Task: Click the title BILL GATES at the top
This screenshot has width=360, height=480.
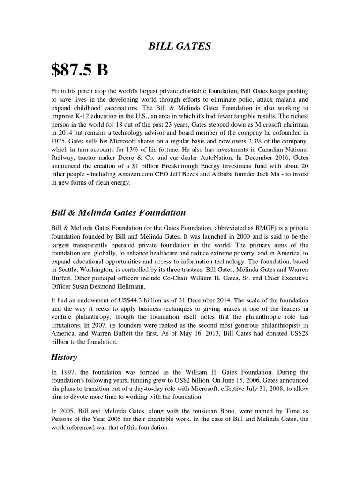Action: pos(180,45)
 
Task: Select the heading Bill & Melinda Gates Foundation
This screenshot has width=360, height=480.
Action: pos(118,212)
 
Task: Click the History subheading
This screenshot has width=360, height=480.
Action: pos(64,357)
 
